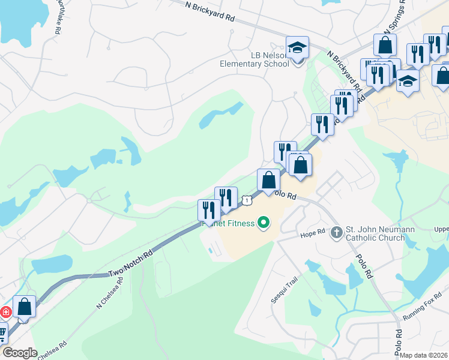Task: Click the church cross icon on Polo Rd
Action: pos(336,232)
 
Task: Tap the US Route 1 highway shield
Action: pos(247,200)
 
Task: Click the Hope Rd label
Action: pos(312,233)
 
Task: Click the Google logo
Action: pos(19,353)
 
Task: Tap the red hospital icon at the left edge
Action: pos(5,312)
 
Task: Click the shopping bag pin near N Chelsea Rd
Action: pos(25,306)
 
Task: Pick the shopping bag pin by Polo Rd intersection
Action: pos(268,180)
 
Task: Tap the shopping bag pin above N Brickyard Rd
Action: pos(385,45)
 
